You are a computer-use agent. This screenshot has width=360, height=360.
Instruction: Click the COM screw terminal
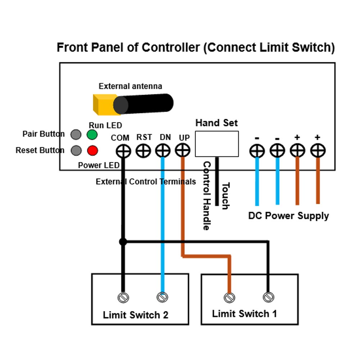(x=123, y=151)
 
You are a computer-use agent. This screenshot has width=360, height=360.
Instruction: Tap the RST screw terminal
(x=143, y=151)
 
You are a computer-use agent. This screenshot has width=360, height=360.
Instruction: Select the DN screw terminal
(x=163, y=151)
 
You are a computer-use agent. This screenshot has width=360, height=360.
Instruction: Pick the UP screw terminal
(x=183, y=150)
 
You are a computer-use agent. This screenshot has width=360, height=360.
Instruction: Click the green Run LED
(x=92, y=135)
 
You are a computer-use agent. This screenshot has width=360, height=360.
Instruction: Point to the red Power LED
(x=93, y=150)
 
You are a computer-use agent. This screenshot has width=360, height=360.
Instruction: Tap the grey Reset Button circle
(x=76, y=150)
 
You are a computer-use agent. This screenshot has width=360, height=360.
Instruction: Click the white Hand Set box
(x=217, y=144)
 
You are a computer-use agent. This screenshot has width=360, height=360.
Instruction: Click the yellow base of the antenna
(x=103, y=104)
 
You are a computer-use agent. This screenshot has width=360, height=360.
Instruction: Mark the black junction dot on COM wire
(x=123, y=242)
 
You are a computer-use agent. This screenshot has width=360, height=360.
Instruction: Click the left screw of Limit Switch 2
(x=123, y=297)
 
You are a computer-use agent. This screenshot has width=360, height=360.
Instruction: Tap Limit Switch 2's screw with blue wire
(x=162, y=297)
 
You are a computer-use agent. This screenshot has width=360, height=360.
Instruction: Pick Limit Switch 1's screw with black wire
(x=268, y=297)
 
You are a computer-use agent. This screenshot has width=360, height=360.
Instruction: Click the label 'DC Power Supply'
(x=288, y=216)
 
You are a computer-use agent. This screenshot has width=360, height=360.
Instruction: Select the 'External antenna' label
(x=130, y=86)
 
